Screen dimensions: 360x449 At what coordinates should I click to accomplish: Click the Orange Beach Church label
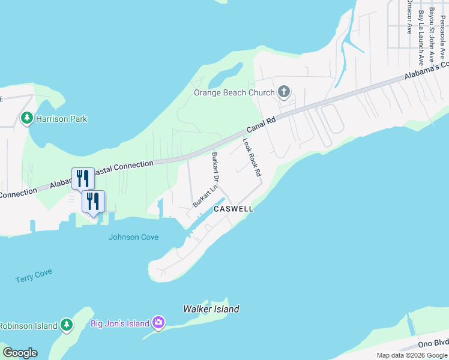tap(234, 92)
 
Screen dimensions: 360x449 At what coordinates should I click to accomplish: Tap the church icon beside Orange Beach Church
tap(284, 92)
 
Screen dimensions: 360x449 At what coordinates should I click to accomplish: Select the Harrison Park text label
tap(61, 119)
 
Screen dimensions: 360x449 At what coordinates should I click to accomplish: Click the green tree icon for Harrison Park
tap(26, 118)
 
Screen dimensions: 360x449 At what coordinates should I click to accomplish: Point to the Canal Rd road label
tap(261, 125)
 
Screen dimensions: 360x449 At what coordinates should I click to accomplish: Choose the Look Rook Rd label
tap(252, 157)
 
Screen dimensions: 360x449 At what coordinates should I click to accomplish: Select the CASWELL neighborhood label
tap(233, 209)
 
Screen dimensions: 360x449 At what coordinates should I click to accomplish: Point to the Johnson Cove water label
tap(133, 237)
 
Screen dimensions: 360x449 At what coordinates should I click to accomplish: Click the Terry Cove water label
tap(34, 275)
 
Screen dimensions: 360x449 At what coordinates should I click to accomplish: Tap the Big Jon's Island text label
tap(119, 324)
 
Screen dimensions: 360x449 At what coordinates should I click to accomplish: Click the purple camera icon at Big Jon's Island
tap(158, 323)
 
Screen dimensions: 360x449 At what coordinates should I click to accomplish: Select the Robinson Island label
tap(28, 326)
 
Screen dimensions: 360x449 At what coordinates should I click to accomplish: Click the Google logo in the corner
tap(20, 353)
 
